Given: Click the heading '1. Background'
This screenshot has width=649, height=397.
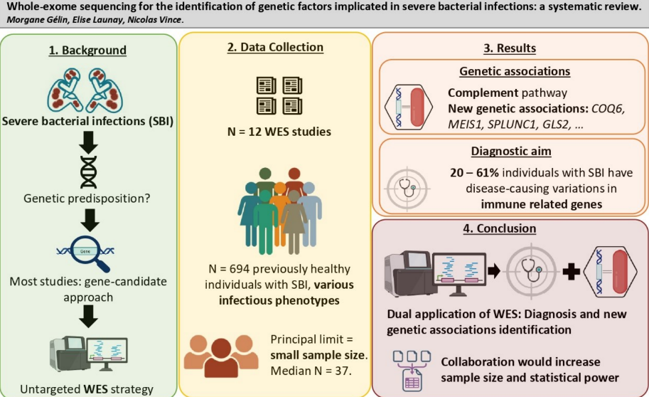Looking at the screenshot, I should click(x=87, y=51).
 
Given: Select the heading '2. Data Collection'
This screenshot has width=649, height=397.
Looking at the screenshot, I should click(x=275, y=48).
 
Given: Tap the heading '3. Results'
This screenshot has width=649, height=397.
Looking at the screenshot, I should click(x=509, y=48).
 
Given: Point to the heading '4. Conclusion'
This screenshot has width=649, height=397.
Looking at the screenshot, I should click(x=509, y=228).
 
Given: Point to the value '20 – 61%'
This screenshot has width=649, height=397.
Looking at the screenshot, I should click(x=474, y=173).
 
